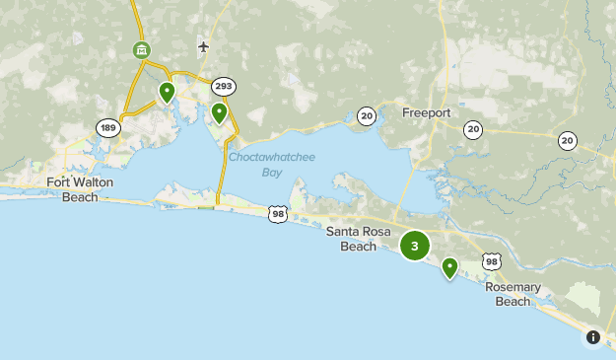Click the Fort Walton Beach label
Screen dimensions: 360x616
tap(74, 189)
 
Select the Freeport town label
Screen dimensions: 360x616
tap(426, 112)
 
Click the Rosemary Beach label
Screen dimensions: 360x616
tap(513, 294)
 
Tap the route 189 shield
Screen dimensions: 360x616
tap(107, 127)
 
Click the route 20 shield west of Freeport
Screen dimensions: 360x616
tap(367, 116)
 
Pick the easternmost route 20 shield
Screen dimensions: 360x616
tap(568, 141)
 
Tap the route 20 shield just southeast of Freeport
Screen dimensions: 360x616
tap(473, 129)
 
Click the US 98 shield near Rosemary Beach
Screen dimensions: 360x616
tap(492, 261)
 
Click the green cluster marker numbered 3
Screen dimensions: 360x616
tap(415, 246)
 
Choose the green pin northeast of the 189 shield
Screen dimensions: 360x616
tap(167, 94)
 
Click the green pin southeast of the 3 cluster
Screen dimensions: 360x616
tap(449, 267)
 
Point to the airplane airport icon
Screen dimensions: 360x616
tap(204, 46)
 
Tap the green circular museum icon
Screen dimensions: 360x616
tap(142, 49)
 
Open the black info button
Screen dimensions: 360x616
tap(593, 337)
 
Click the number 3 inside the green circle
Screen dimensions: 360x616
tap(415, 246)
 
